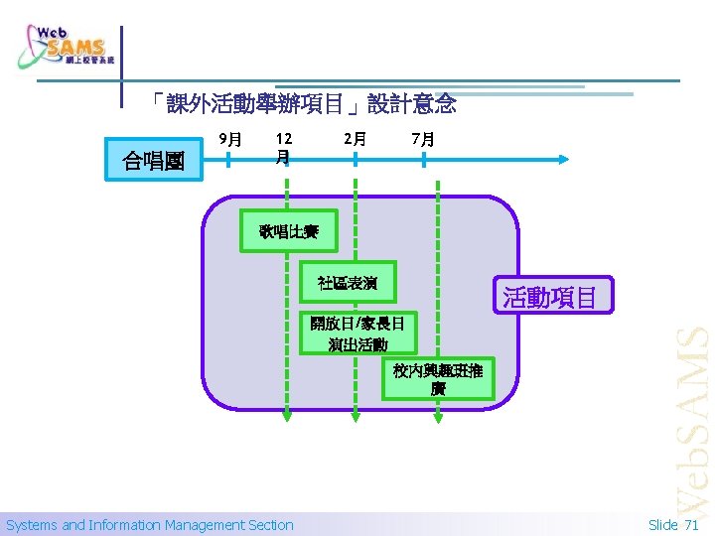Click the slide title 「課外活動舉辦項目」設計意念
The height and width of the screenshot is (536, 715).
pos(304,102)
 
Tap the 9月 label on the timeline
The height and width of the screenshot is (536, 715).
pos(230,140)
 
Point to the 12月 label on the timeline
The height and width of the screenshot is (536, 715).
pos(284,148)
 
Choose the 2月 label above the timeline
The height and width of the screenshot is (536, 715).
pos(354,140)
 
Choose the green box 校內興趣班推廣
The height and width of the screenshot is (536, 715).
pos(438,379)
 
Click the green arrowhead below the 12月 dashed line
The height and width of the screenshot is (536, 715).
pos(286,417)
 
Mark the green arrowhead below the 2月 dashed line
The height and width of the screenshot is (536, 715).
pos(355,417)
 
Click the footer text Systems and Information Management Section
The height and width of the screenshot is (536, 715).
pos(150,525)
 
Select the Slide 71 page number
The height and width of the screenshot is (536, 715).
pos(673,525)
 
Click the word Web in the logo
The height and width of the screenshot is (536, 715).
pos(53,32)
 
